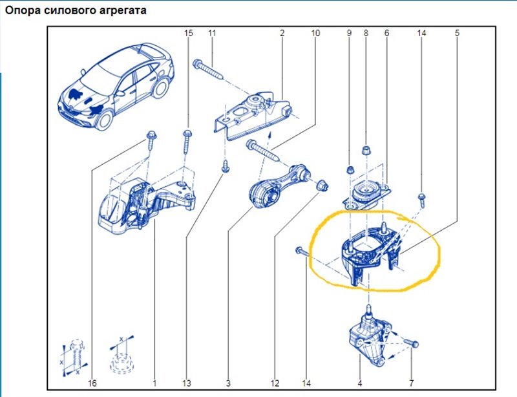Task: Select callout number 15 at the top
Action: tap(189, 32)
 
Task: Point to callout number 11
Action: tap(211, 32)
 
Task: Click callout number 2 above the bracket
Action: tap(282, 32)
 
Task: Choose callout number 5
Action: tap(457, 32)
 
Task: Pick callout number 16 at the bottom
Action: tap(92, 383)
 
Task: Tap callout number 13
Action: tap(187, 383)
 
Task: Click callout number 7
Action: tap(410, 383)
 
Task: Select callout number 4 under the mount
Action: tap(359, 383)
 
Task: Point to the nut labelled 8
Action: tap(365, 151)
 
